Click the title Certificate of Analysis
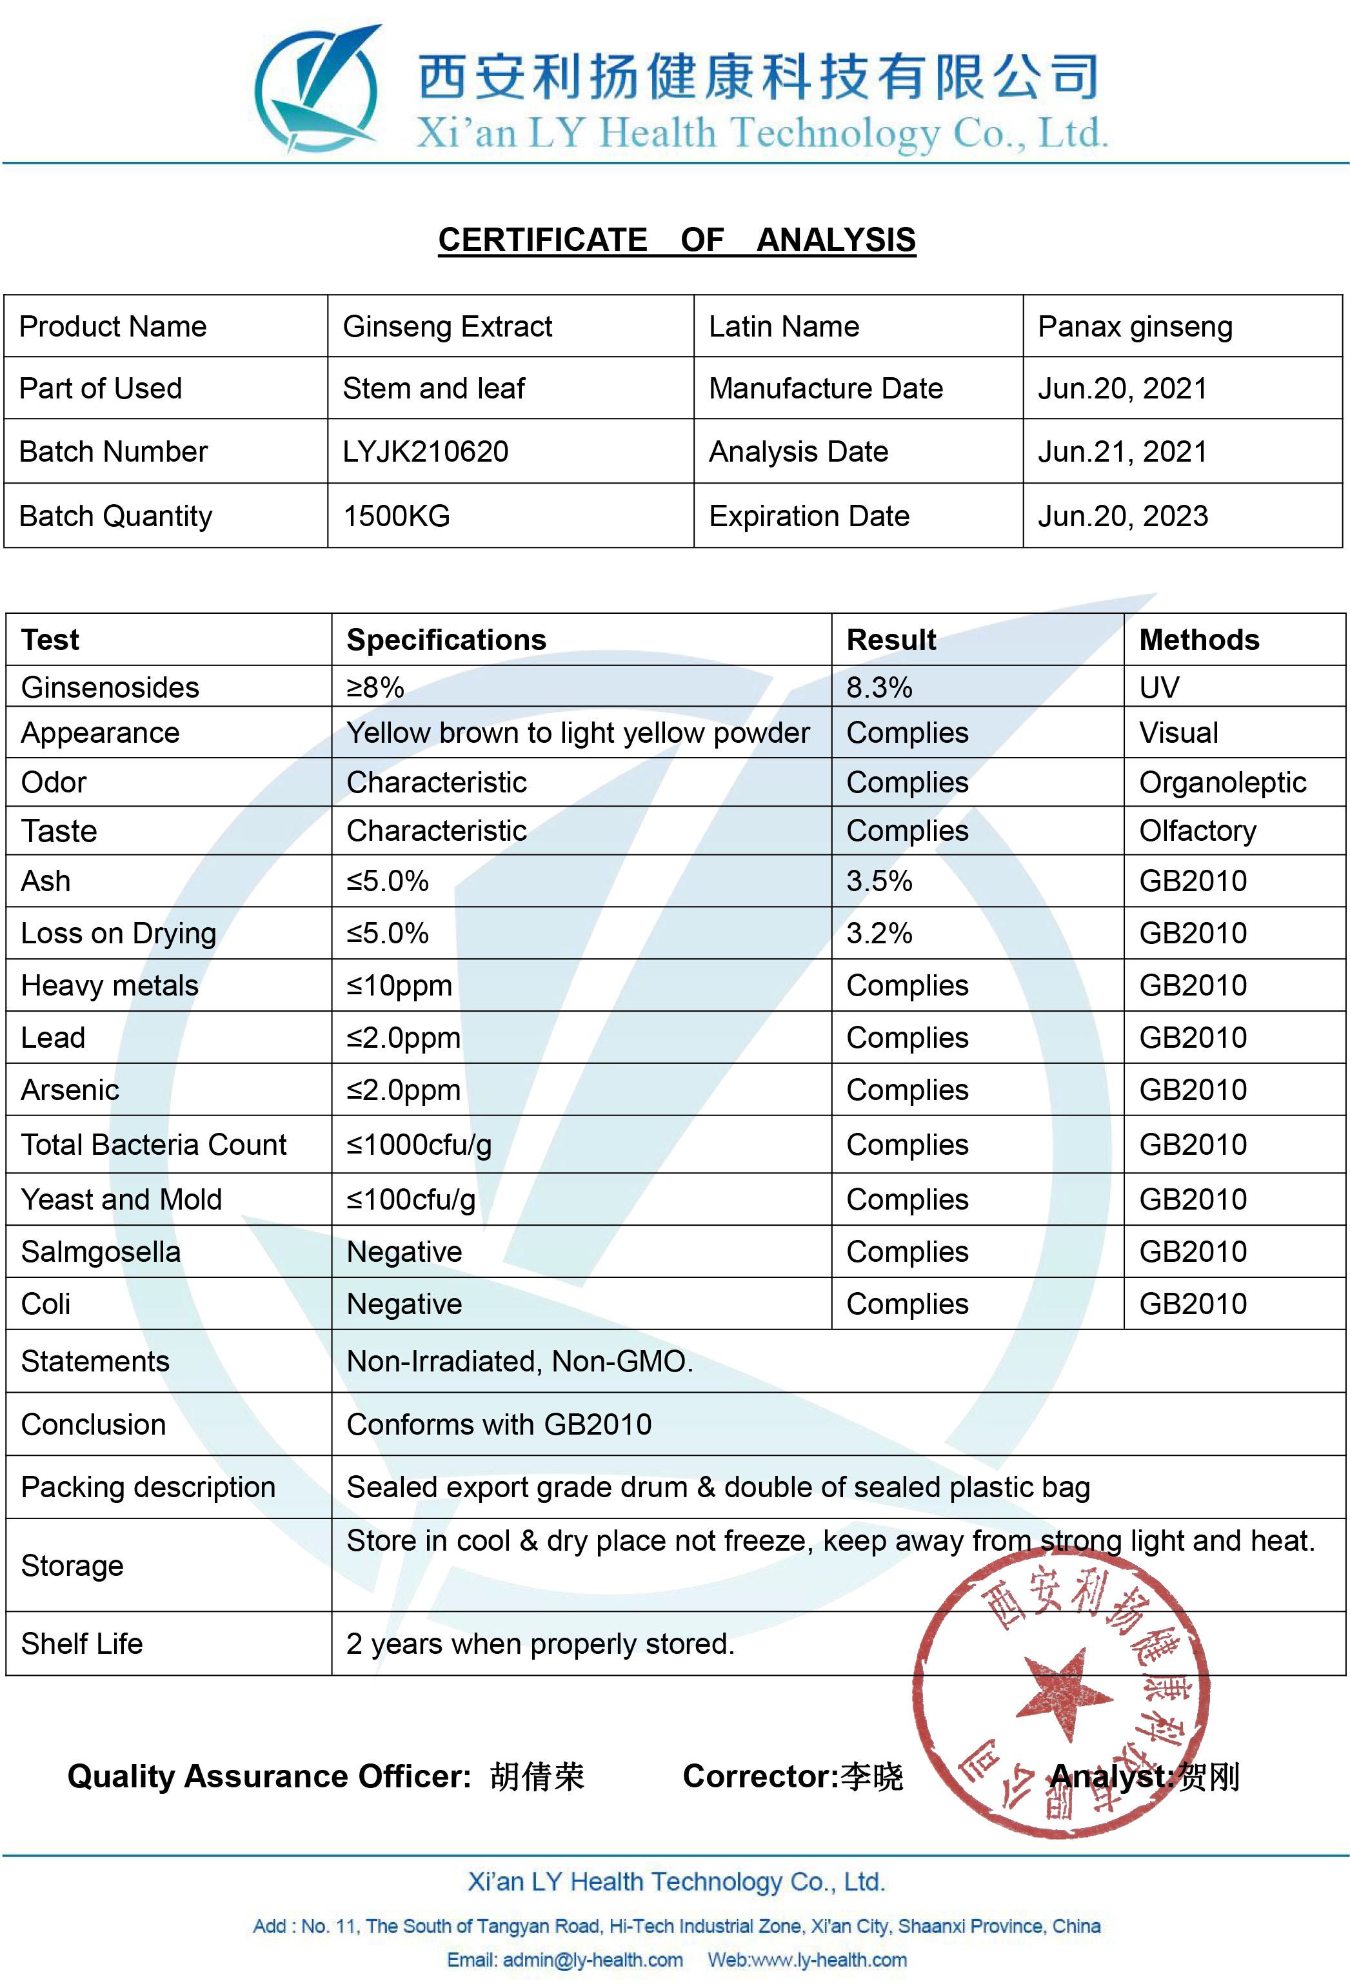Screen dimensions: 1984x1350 (676, 240)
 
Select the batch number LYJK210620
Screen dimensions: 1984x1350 (425, 451)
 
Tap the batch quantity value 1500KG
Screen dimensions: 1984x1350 (396, 516)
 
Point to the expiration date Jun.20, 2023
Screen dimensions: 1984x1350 (1122, 516)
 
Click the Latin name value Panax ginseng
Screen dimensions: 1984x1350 (1134, 327)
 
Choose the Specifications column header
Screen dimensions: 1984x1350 (446, 640)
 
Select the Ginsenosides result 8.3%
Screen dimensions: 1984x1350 (878, 687)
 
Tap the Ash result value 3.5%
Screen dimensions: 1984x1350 (878, 881)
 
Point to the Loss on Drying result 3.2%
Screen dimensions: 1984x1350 (878, 933)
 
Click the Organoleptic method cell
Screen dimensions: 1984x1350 (1222, 782)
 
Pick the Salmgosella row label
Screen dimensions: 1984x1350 (101, 1252)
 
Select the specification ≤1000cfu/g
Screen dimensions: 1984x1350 (419, 1144)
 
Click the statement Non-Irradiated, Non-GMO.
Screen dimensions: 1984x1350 (519, 1360)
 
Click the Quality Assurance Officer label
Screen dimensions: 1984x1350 (269, 1776)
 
